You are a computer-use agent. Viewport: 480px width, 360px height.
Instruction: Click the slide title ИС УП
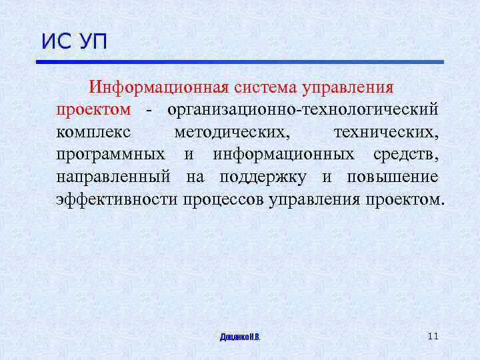click(x=74, y=42)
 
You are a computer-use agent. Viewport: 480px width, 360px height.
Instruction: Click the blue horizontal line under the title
click(x=239, y=62)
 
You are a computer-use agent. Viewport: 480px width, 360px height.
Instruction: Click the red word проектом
click(x=93, y=109)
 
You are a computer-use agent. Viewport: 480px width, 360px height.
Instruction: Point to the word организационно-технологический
click(x=303, y=109)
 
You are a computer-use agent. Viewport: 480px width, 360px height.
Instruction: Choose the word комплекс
click(x=93, y=132)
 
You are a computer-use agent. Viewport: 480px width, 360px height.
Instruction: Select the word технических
click(x=386, y=132)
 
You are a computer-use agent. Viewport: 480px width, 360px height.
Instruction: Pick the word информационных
click(x=283, y=155)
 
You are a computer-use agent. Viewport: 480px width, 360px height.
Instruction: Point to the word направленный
click(x=114, y=177)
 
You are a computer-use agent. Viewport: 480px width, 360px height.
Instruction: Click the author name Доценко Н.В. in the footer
click(x=240, y=337)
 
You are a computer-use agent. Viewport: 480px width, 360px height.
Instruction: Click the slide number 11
click(x=433, y=336)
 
